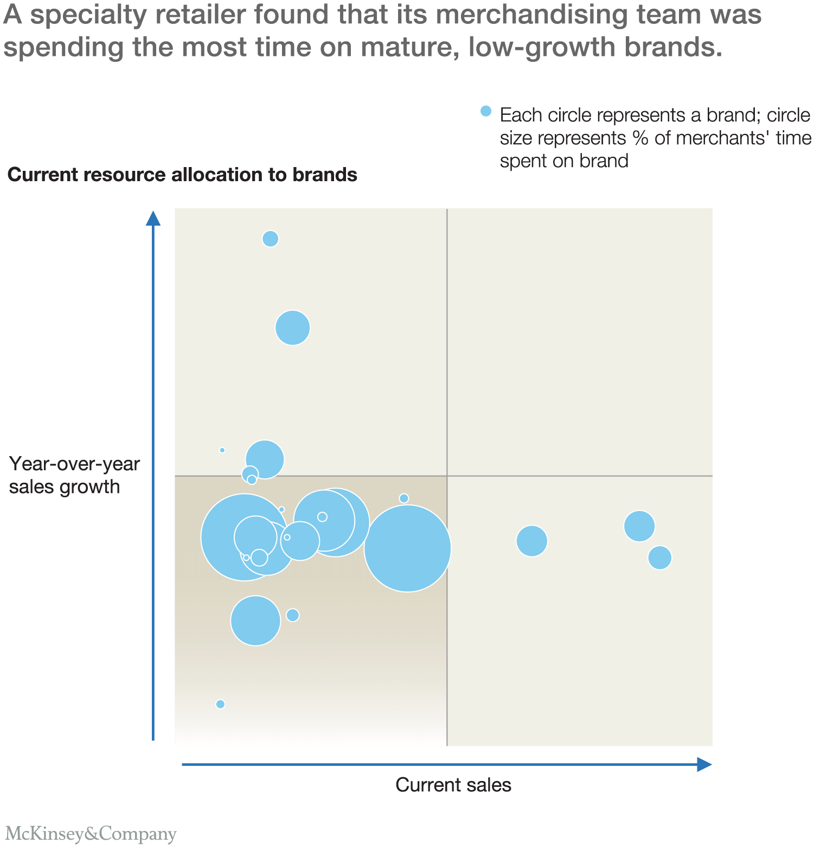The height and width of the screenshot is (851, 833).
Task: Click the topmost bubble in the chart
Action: (270, 239)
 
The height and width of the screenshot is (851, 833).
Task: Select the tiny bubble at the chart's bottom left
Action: (220, 704)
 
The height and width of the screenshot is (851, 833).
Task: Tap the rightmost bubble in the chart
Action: (659, 558)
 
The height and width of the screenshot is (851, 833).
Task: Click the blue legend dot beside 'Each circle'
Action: (486, 111)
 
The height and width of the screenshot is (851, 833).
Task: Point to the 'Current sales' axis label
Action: (453, 785)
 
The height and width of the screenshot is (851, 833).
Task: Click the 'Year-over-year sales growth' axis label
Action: (74, 475)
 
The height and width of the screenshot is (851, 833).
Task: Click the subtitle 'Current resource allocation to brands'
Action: (182, 175)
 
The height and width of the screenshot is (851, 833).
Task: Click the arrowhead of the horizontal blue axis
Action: (704, 764)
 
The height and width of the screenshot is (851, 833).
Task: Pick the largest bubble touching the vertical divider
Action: (407, 548)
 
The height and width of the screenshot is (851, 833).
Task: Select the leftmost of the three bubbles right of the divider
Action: (531, 541)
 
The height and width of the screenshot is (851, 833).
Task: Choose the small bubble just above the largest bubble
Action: (403, 498)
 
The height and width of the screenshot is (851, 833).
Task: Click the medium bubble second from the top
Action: (293, 328)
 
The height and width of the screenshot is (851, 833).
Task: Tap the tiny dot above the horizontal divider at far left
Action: (222, 450)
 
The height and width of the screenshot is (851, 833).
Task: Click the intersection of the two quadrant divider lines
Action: (447, 476)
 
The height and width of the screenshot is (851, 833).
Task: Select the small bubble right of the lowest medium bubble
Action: (293, 615)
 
